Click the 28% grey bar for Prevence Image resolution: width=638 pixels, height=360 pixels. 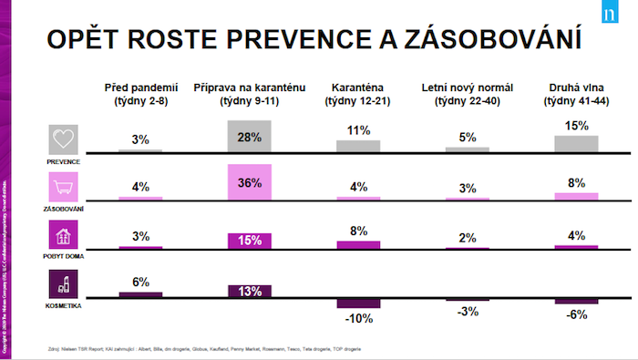pos(249,136)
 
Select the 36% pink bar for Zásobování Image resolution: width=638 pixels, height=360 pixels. pos(249,181)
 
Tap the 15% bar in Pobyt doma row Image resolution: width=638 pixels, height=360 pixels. pos(249,241)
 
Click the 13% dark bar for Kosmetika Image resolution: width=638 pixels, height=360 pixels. pos(249,291)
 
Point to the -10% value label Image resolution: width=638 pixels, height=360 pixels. pos(357,318)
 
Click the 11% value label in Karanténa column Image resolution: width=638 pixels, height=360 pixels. pos(358,131)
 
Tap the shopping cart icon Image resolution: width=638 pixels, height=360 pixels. pos(64,187)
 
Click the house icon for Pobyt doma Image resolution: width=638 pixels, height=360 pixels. pos(64,235)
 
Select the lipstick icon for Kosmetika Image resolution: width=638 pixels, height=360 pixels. pos(64,284)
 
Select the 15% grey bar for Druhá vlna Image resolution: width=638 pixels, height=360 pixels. pos(576,143)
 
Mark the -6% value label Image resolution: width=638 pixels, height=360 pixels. pos(576,314)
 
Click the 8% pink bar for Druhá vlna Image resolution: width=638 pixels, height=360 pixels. pos(576,196)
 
